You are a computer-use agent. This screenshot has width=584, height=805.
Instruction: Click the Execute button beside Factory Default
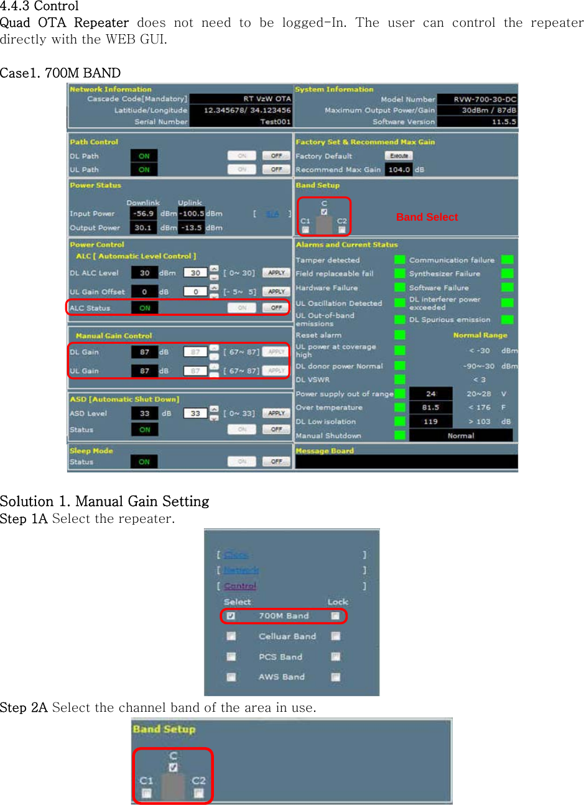pos(399,156)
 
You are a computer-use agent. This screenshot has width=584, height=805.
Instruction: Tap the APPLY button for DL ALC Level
pos(276,273)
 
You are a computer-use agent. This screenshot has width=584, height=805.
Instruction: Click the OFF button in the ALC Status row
pos(276,308)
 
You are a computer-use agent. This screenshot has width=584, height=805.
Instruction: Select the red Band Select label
pos(427,217)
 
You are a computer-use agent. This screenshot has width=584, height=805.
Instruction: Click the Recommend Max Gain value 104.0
pos(399,170)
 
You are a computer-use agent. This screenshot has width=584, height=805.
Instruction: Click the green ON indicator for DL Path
pos(144,156)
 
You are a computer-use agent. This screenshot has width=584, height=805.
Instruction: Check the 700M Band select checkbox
pos(231,616)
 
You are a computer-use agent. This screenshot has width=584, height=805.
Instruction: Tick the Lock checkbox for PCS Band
pos(336,657)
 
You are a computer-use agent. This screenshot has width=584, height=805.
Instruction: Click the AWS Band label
pos(282,677)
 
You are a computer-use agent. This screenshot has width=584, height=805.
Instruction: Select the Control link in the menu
pos(240,586)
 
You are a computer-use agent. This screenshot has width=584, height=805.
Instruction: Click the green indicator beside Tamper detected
pos(400,260)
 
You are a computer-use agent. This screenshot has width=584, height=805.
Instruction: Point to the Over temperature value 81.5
pos(430,408)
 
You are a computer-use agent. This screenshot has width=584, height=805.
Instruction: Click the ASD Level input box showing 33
pos(195,413)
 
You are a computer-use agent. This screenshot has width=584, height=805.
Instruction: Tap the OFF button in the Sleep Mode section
pos(276,462)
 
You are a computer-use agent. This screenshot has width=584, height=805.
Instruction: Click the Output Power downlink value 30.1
pos(143,228)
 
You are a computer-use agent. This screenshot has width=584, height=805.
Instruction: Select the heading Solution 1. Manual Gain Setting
pos(104,501)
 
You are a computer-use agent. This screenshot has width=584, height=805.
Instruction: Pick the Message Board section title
pos(325,451)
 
